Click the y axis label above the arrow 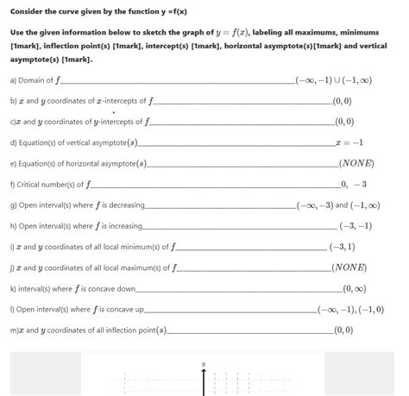click(204, 363)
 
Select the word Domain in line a click(35, 80)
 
